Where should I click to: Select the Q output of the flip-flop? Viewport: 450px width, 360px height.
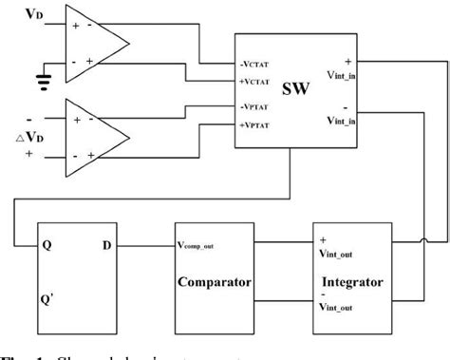[x=45, y=245]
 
